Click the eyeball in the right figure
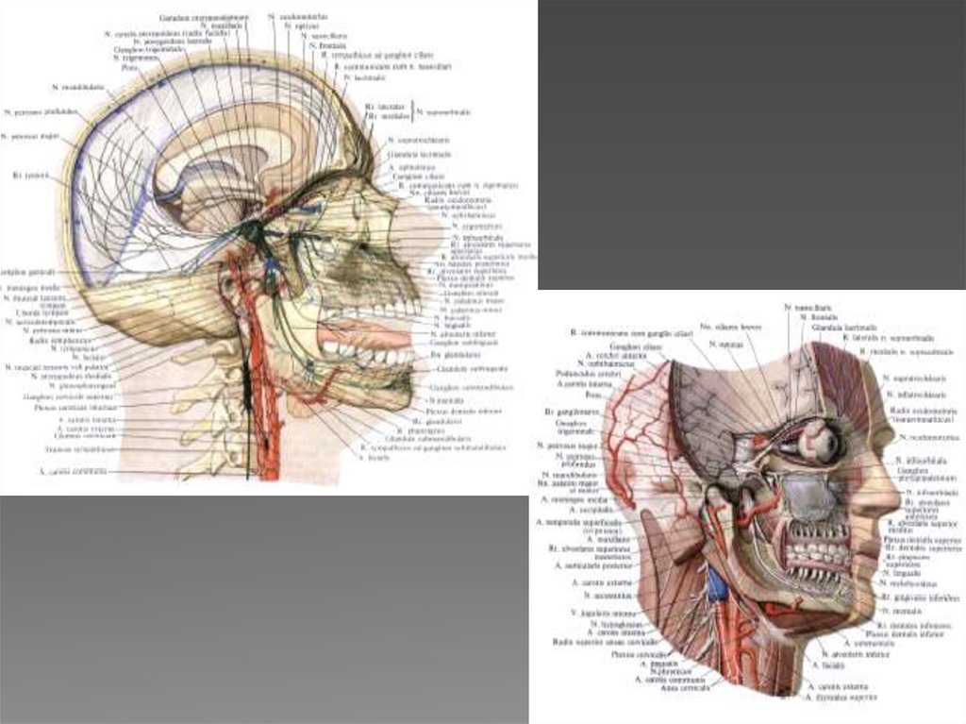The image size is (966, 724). point(820,439)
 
